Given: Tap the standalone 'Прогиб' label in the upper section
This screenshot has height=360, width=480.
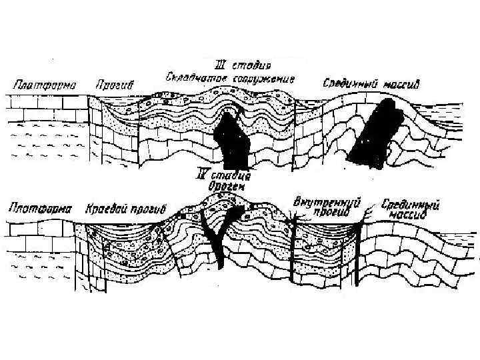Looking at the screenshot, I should (x=117, y=85).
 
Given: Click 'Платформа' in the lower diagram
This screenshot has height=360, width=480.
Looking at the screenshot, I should (x=39, y=208).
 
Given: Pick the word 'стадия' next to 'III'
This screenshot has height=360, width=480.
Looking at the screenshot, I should (x=253, y=65).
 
